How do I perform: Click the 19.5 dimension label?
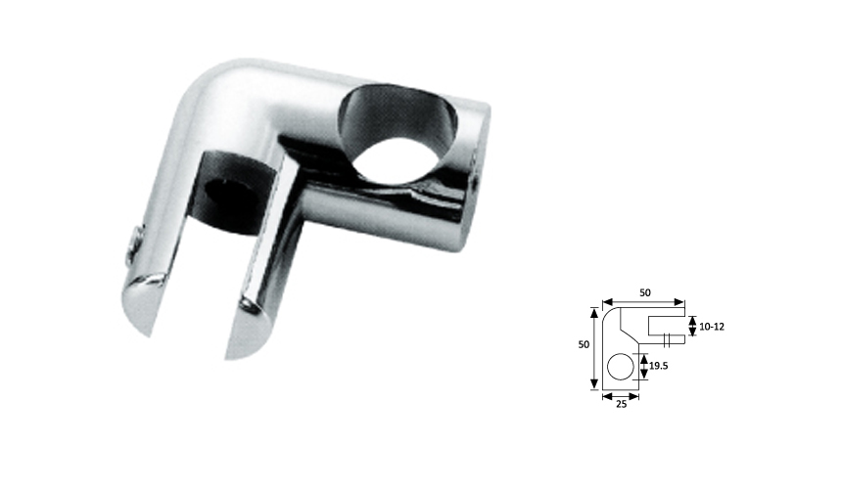tap(658, 368)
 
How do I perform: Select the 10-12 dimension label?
tap(708, 323)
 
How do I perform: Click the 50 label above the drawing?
tap(645, 292)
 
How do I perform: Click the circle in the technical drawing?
tap(620, 368)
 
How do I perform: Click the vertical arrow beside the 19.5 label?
tap(642, 368)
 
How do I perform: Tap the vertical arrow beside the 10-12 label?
tap(691, 323)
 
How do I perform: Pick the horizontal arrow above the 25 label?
tap(620, 396)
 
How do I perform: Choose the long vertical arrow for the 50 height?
tap(593, 347)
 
